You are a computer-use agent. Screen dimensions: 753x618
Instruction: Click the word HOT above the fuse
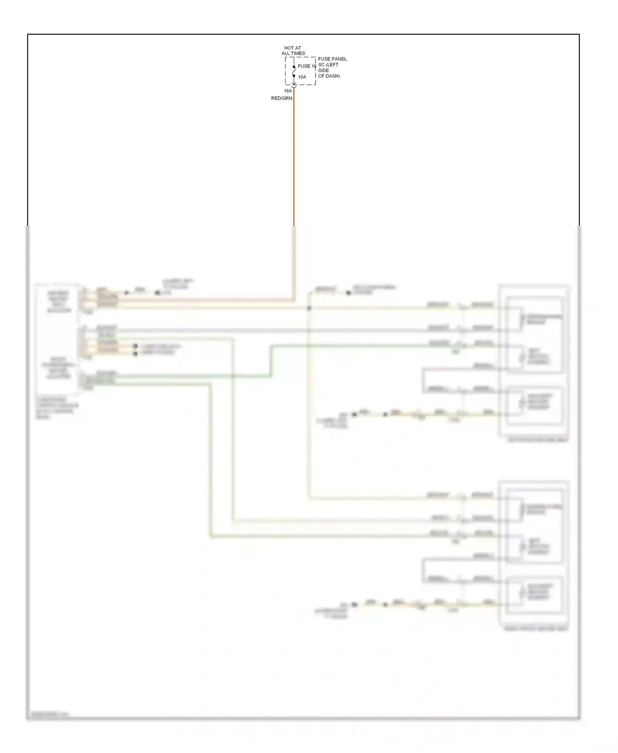289,48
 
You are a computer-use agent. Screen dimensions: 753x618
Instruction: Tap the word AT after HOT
297,48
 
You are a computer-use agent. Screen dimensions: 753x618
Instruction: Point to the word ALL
286,54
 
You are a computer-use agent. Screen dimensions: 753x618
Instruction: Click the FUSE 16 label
307,66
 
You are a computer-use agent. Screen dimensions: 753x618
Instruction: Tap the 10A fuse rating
302,77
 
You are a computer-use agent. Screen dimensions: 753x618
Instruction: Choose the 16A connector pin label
288,91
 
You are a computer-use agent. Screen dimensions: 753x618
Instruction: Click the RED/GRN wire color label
281,98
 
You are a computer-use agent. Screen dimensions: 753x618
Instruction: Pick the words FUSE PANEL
332,59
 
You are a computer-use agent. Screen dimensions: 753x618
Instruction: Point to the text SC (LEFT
328,65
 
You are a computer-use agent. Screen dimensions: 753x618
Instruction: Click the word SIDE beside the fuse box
323,70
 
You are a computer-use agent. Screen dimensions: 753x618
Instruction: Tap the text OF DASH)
329,76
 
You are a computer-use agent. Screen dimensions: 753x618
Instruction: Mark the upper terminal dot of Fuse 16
294,67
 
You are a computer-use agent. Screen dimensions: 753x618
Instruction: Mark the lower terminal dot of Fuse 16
294,76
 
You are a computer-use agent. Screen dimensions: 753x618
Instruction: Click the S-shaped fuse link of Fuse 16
294,71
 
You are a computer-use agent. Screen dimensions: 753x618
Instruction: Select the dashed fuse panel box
300,71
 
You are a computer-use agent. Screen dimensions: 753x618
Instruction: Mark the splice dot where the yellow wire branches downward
309,308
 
